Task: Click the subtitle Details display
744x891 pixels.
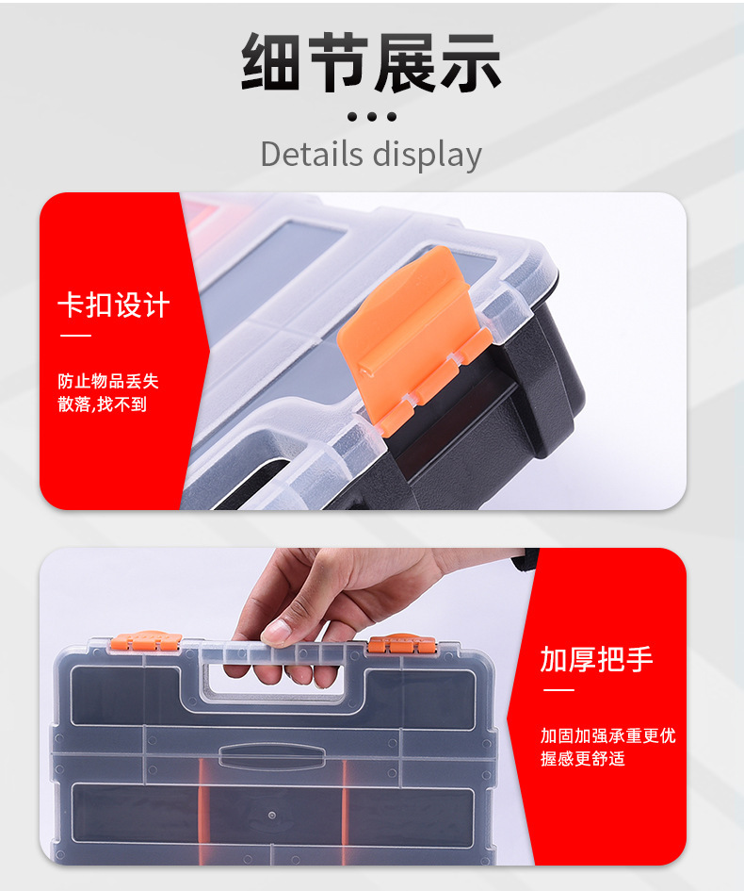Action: tap(371, 154)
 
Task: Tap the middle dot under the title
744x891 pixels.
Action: tap(372, 117)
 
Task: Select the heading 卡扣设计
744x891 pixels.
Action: tap(113, 305)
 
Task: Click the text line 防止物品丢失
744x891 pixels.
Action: tap(108, 381)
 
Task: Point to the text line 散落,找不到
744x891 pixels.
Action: tap(102, 405)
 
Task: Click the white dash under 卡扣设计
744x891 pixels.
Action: tap(74, 336)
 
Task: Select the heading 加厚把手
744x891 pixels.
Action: tap(596, 659)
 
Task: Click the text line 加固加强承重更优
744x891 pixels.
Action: tap(607, 735)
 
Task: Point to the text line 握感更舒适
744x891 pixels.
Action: tap(582, 759)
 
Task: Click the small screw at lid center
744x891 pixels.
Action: tap(270, 814)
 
